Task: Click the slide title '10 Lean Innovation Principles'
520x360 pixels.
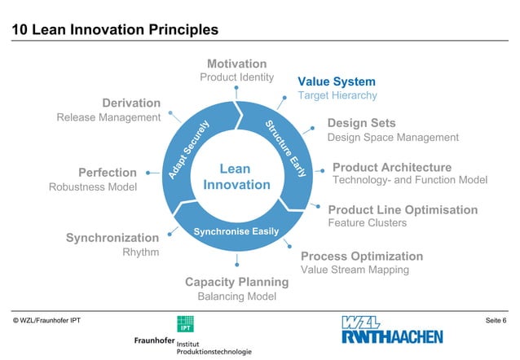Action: pos(114,30)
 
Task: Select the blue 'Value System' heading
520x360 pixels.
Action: pos(336,81)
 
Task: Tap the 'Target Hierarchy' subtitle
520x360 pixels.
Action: pos(337,95)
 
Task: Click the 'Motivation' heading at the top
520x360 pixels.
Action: pos(236,64)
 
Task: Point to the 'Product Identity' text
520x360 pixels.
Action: pos(236,77)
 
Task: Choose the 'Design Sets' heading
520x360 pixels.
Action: pos(361,123)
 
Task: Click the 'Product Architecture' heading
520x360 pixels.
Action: pos(391,167)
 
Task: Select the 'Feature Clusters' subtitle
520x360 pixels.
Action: pos(367,222)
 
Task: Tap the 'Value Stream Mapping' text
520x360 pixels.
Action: pos(355,270)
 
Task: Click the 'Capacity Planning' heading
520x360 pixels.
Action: pos(236,283)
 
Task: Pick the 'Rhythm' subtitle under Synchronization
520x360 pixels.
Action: pos(140,252)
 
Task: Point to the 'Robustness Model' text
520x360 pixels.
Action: pos(93,187)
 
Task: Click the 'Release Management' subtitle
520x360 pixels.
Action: pos(108,117)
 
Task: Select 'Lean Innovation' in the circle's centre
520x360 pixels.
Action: pos(236,177)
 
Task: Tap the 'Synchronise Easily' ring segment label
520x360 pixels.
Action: pos(236,232)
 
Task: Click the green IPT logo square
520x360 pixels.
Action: pos(185,323)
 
